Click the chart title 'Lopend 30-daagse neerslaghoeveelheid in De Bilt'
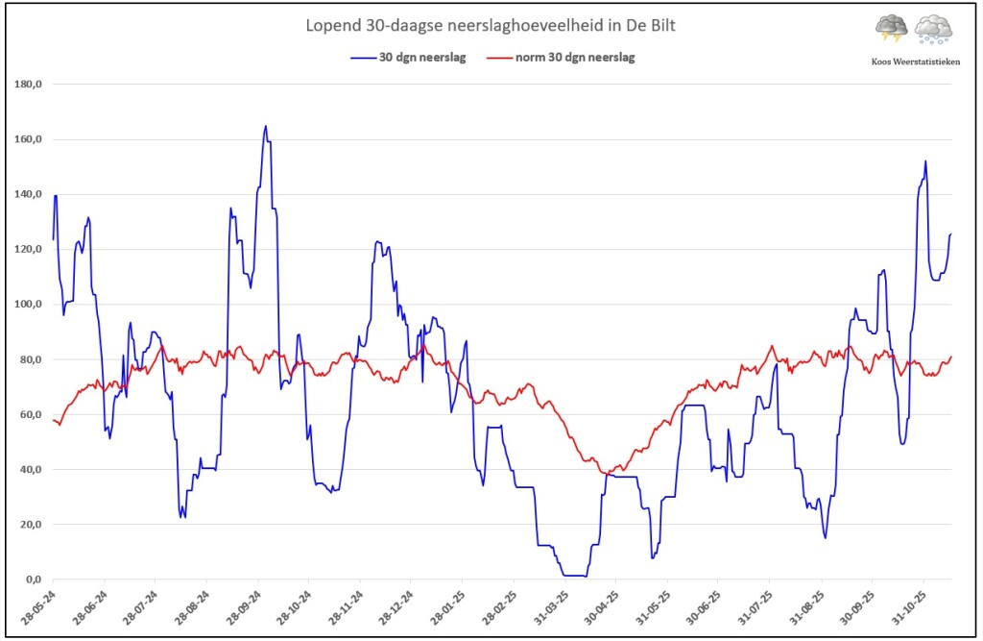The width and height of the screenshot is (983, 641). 491,26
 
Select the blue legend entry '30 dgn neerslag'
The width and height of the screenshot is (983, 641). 408,57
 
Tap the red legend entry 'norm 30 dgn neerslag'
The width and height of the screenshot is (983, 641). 561,57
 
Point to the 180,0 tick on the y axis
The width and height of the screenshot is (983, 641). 28,85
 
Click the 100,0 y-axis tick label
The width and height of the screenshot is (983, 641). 28,305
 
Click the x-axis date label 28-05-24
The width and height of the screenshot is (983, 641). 37,607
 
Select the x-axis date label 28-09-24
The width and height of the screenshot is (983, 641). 243,607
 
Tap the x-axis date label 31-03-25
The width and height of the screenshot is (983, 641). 551,607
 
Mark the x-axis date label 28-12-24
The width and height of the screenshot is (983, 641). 396,607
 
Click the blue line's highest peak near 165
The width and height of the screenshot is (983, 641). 266,126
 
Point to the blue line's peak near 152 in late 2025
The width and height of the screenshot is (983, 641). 925,161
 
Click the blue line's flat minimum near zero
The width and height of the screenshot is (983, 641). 575,575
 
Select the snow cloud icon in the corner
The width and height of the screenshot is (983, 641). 933,30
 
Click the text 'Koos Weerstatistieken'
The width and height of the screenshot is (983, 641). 915,62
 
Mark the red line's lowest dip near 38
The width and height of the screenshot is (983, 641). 606,473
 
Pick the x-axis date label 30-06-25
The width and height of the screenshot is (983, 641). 704,607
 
